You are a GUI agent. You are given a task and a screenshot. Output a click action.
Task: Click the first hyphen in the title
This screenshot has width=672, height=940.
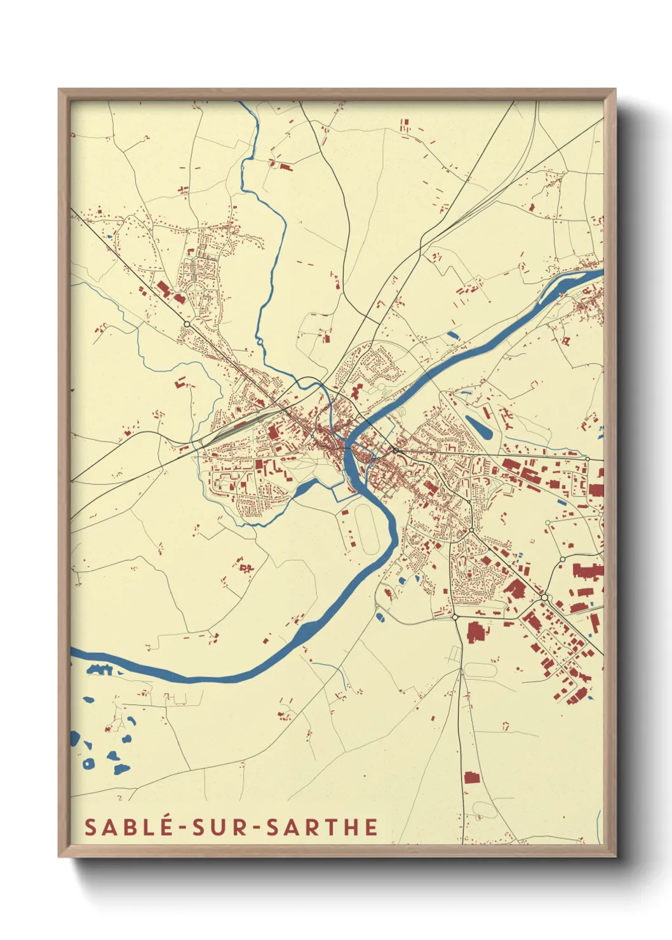point(182,828)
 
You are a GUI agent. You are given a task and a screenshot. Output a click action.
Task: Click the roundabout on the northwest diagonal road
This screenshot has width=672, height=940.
point(187,324)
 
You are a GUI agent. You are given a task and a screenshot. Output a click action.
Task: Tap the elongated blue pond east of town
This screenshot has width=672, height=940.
point(478,426)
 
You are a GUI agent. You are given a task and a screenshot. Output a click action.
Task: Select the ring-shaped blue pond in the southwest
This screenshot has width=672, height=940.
point(88,763)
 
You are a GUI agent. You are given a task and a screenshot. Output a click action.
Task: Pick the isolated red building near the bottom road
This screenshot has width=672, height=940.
point(470,777)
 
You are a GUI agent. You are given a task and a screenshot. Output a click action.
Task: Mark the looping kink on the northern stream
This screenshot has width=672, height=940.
point(260,344)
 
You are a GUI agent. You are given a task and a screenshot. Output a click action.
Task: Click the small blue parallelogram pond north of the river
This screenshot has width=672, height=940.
point(453,334)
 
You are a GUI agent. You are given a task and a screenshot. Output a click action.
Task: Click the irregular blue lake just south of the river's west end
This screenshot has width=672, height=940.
point(99,669)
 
